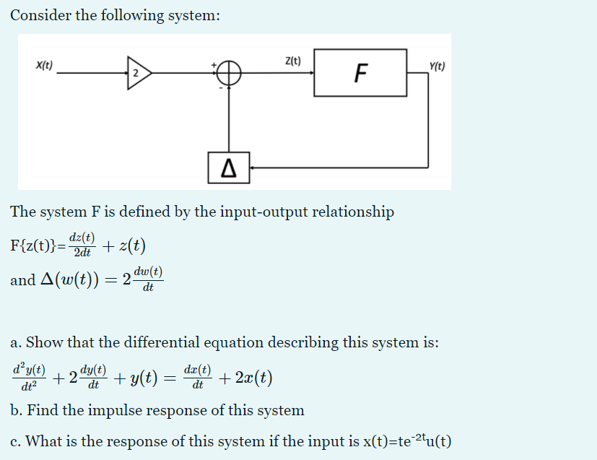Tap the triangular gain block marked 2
pyautogui.click(x=137, y=73)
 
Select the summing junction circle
pyautogui.click(x=229, y=73)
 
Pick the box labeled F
pyautogui.click(x=361, y=73)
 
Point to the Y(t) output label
pyautogui.click(x=437, y=66)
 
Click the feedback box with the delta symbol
pyautogui.click(x=229, y=168)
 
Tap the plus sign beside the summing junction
pyautogui.click(x=214, y=66)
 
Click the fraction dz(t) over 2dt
pyautogui.click(x=82, y=245)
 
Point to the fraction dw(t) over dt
pyautogui.click(x=148, y=279)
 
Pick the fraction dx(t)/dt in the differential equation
pyautogui.click(x=197, y=377)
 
